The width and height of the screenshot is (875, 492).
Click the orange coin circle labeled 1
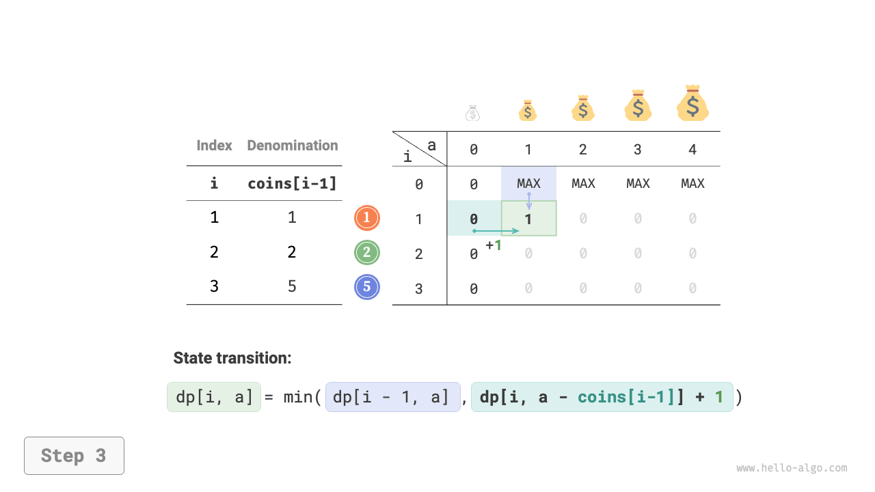367,218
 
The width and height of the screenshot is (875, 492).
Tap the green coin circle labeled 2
367,253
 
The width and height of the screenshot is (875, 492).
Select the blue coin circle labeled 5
367,287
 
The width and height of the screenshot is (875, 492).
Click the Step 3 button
74,456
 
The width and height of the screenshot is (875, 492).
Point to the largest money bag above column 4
692,104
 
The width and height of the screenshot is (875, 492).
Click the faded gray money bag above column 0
473,113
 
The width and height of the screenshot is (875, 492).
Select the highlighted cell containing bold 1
528,219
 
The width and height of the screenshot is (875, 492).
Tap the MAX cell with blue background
528,183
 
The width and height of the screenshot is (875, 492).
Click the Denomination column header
293,146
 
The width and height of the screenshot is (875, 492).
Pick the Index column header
214,146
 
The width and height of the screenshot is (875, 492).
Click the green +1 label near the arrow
494,245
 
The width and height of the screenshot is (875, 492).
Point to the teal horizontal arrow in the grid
496,231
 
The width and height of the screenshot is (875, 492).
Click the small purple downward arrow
528,201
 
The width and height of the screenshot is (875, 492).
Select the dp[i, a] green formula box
214,397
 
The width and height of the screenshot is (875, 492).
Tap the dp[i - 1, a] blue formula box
393,397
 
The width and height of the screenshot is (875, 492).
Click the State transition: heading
232,358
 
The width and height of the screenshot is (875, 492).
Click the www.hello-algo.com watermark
792,468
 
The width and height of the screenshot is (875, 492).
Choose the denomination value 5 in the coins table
292,286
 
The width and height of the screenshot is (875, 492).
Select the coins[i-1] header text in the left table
292,183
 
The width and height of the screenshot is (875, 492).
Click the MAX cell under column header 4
692,183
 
